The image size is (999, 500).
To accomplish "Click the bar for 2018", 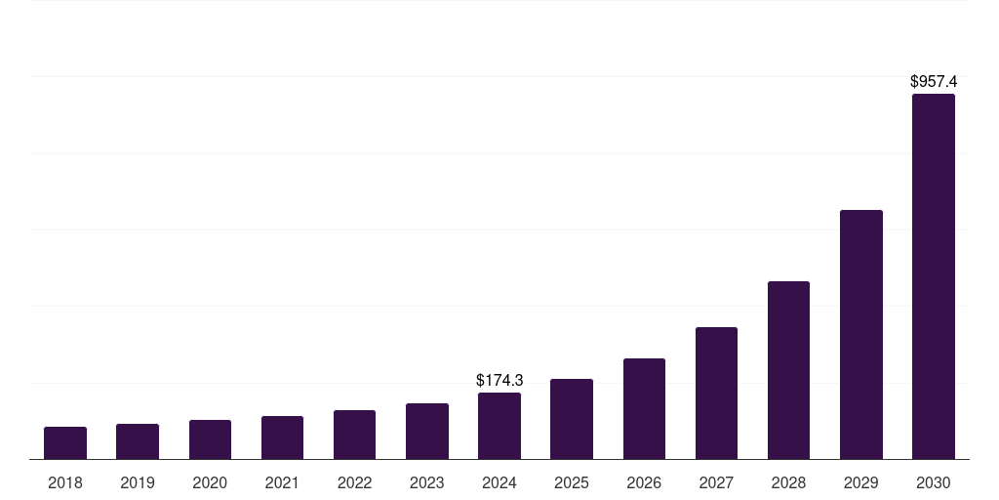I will click(65, 443).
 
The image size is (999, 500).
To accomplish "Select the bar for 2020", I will click(210, 439).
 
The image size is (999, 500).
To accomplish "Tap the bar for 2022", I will click(354, 435).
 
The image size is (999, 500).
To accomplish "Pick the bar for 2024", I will click(499, 426).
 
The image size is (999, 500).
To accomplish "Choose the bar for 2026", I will click(644, 409).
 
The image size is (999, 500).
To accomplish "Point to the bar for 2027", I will click(716, 394).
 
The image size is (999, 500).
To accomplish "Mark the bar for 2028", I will click(788, 370).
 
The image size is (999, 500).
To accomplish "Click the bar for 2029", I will click(860, 335).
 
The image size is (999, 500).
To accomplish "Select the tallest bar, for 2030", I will click(933, 276).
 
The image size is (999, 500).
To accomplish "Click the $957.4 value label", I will click(933, 82).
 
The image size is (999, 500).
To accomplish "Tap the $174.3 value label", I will click(499, 380).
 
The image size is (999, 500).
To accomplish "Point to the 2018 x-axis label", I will click(65, 482).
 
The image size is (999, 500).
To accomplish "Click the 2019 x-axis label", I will click(138, 482).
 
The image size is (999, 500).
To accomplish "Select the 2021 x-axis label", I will click(282, 482).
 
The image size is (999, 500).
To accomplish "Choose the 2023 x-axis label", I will click(426, 482).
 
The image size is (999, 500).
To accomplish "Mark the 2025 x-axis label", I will click(572, 482).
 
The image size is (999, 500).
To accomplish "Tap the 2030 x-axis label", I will click(933, 482).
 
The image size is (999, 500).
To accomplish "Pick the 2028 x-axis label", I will click(788, 482).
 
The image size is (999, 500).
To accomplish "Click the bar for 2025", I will click(572, 419).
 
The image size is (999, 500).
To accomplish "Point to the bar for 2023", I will click(426, 432).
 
